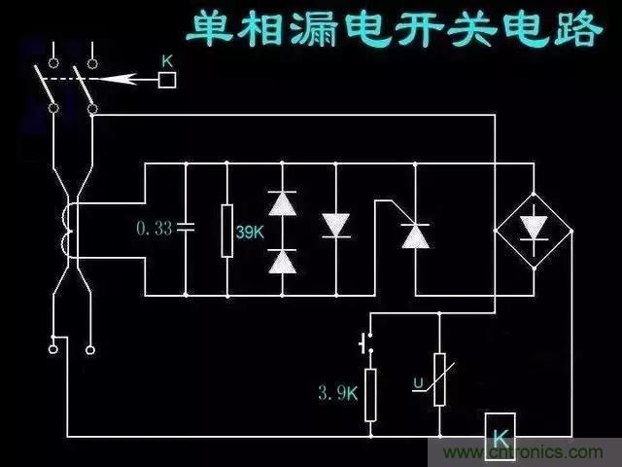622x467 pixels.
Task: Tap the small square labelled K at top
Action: [x=166, y=81]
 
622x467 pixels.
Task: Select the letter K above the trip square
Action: [x=166, y=60]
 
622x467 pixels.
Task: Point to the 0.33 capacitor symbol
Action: [x=185, y=228]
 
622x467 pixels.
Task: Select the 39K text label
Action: [x=251, y=231]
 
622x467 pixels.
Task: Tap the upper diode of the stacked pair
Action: [x=282, y=202]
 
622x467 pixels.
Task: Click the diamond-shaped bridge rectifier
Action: [x=533, y=230]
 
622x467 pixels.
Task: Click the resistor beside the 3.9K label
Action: [x=370, y=394]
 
